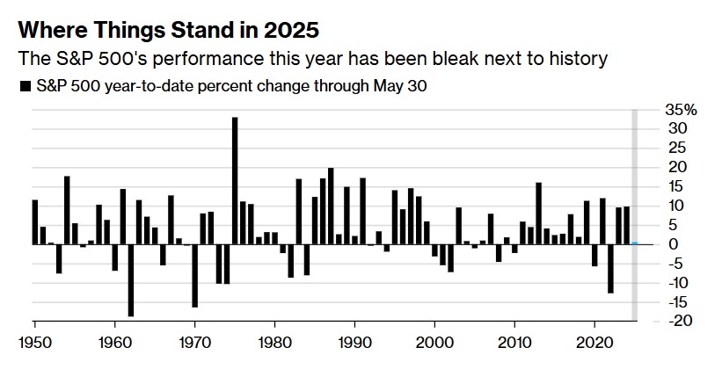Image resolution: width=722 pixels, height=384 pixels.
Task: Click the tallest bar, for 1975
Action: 235,181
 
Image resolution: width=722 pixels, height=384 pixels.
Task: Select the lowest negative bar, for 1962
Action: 131,279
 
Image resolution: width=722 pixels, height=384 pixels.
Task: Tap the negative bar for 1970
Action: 194,275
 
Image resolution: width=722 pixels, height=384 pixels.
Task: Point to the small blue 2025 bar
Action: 634,243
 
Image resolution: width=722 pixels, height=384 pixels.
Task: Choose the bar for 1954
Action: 67,210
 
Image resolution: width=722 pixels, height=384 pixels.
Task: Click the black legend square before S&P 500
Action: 23,86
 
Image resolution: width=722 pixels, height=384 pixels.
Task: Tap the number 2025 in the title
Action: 286,31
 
